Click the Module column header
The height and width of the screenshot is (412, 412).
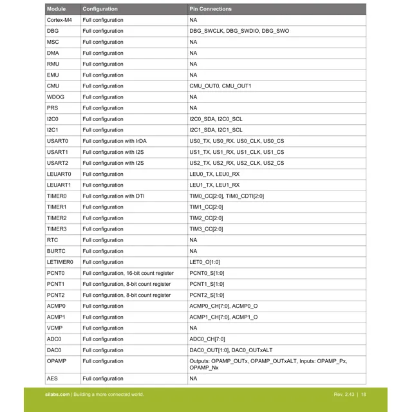pyautogui.click(x=56, y=9)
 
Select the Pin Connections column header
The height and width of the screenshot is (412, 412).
pyautogui.click(x=211, y=9)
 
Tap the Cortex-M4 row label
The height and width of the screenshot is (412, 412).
pyautogui.click(x=59, y=20)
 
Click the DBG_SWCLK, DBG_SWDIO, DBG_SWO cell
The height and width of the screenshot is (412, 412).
pyautogui.click(x=239, y=31)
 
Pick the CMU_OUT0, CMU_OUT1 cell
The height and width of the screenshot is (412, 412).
pyautogui.click(x=220, y=86)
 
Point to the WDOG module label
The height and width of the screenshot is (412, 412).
pyautogui.click(x=55, y=97)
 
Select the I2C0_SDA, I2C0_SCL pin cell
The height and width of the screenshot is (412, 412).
pyautogui.click(x=216, y=119)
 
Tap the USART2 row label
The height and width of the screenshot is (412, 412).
pyautogui.click(x=57, y=163)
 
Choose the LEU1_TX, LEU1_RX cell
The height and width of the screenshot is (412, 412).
pyautogui.click(x=214, y=185)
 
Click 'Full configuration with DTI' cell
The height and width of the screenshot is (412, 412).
pyautogui.click(x=113, y=196)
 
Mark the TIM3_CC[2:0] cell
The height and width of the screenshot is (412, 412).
pyautogui.click(x=206, y=229)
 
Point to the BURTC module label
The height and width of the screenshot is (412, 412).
pyautogui.click(x=56, y=251)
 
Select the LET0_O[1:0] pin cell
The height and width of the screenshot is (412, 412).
pyautogui.click(x=205, y=262)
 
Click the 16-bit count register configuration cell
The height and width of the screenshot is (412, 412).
pyautogui.click(x=128, y=273)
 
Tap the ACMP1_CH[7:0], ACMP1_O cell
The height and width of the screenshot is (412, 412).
pyautogui.click(x=223, y=317)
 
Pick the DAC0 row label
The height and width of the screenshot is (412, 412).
pyautogui.click(x=54, y=350)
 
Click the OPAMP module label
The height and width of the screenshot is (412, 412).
pyautogui.click(x=57, y=361)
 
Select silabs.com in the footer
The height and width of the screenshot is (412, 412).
pyautogui.click(x=57, y=395)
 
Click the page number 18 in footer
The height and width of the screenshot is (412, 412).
pyautogui.click(x=364, y=395)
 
